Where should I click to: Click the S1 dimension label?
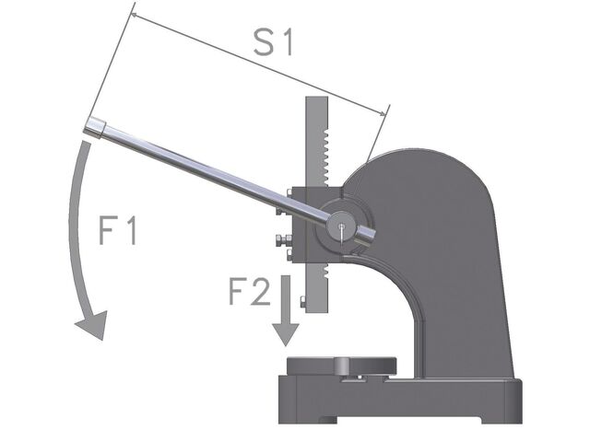coord(274,42)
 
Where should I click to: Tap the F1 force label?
coord(118,230)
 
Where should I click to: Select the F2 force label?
coord(250,290)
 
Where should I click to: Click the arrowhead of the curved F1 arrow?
coord(93,324)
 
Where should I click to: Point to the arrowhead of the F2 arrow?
coord(286,334)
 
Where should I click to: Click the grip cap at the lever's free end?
coord(94,128)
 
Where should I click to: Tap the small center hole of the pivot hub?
coord(341,227)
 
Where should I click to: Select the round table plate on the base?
coord(342,366)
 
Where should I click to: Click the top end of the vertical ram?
coord(316,99)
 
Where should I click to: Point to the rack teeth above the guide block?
coord(325,157)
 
